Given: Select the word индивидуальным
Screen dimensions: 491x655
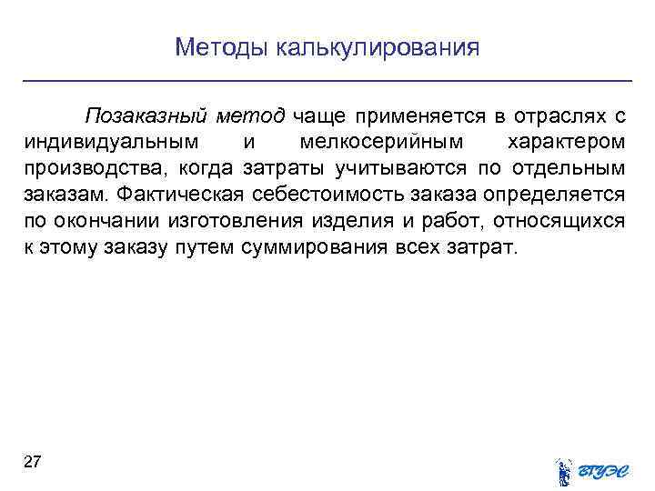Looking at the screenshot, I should click(x=103, y=143).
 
